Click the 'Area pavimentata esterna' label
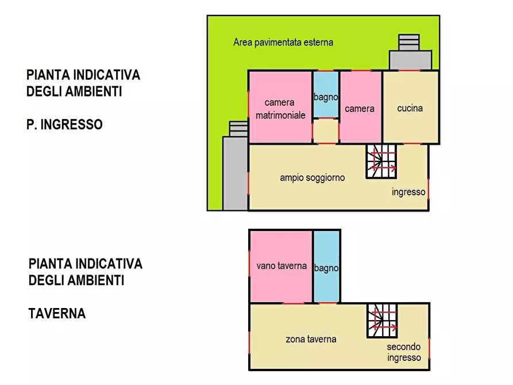pos(283,42)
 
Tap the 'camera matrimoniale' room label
pos(280,109)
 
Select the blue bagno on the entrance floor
pos(326,94)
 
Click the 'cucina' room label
pos(410,108)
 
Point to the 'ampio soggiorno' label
pos(312,178)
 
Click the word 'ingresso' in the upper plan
pos(408,192)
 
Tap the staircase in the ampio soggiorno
pos(381,161)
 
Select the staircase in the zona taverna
pos(381,321)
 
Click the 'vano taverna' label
pos(281,266)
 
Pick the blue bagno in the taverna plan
pos(326,268)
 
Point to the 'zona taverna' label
pos(311,339)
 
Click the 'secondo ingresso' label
pos(403,352)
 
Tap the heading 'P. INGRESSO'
pos(64,124)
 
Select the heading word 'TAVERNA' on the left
pos(57,314)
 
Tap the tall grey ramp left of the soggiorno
pos(235,172)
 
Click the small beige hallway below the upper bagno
pos(326,130)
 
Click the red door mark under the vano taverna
pos(293,303)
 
